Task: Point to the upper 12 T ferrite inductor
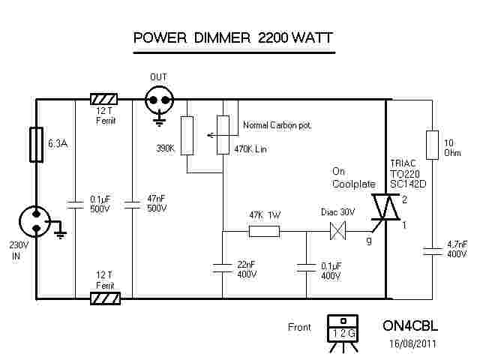[103, 99]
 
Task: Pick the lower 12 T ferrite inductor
[103, 298]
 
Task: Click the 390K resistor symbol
[187, 135]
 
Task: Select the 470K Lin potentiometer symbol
[222, 135]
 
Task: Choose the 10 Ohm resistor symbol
[431, 145]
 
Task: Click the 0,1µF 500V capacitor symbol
[75, 202]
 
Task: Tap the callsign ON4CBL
[410, 327]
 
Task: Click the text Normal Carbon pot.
[277, 124]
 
